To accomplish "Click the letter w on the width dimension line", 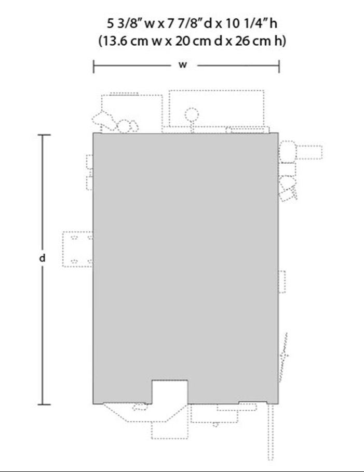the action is (183, 65).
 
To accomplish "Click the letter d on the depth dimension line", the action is (43, 258).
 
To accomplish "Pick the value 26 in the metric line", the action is (242, 41).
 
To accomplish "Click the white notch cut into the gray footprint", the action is (170, 391).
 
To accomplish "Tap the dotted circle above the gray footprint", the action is (192, 115).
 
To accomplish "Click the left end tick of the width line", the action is (93, 66).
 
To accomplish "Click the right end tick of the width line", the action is (279, 66).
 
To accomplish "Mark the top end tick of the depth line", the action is (44, 135).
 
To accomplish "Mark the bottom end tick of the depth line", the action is (44, 404).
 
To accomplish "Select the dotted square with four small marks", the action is (77, 249).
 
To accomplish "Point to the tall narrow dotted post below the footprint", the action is (271, 431).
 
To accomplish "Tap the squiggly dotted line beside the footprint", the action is (284, 357).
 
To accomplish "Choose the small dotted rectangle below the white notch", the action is (170, 430).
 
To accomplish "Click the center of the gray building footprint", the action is (186, 268).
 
